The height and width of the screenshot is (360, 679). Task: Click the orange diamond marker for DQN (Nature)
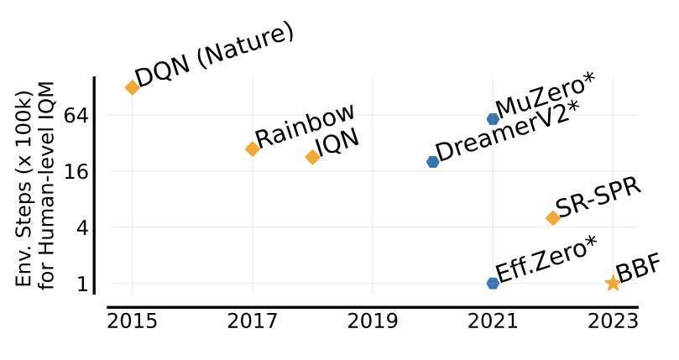point(132,87)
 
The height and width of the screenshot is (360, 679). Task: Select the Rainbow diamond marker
point(252,149)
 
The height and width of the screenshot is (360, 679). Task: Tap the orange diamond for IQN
point(312,157)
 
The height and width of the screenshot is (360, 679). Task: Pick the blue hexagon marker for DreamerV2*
point(432,162)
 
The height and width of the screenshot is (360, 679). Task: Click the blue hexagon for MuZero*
point(493,119)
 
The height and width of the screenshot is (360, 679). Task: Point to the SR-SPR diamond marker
point(553,218)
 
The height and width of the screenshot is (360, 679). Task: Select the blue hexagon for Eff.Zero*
point(493,283)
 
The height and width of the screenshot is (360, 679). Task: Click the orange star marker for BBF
point(613,284)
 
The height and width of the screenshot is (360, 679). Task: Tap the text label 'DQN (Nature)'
point(215,55)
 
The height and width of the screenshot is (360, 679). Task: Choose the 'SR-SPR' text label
point(598,197)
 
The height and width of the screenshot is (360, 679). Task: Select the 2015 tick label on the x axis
point(132,321)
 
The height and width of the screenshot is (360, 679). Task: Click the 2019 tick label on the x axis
point(372,321)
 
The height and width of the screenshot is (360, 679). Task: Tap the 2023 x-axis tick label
point(613,321)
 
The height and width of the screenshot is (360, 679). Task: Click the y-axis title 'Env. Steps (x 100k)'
point(24,185)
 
